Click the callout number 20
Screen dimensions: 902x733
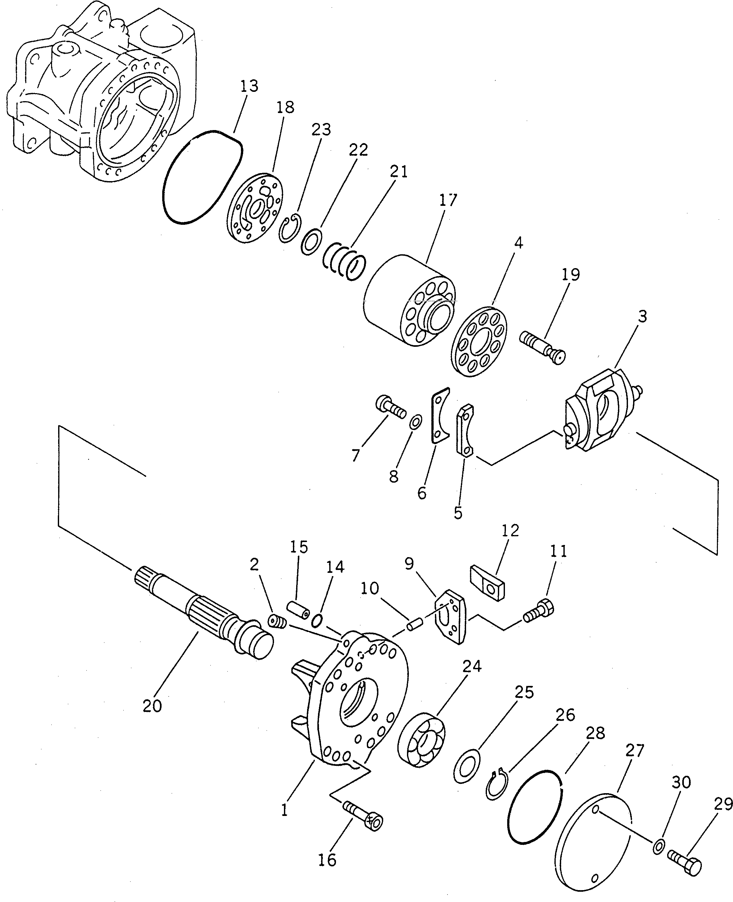click(152, 706)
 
